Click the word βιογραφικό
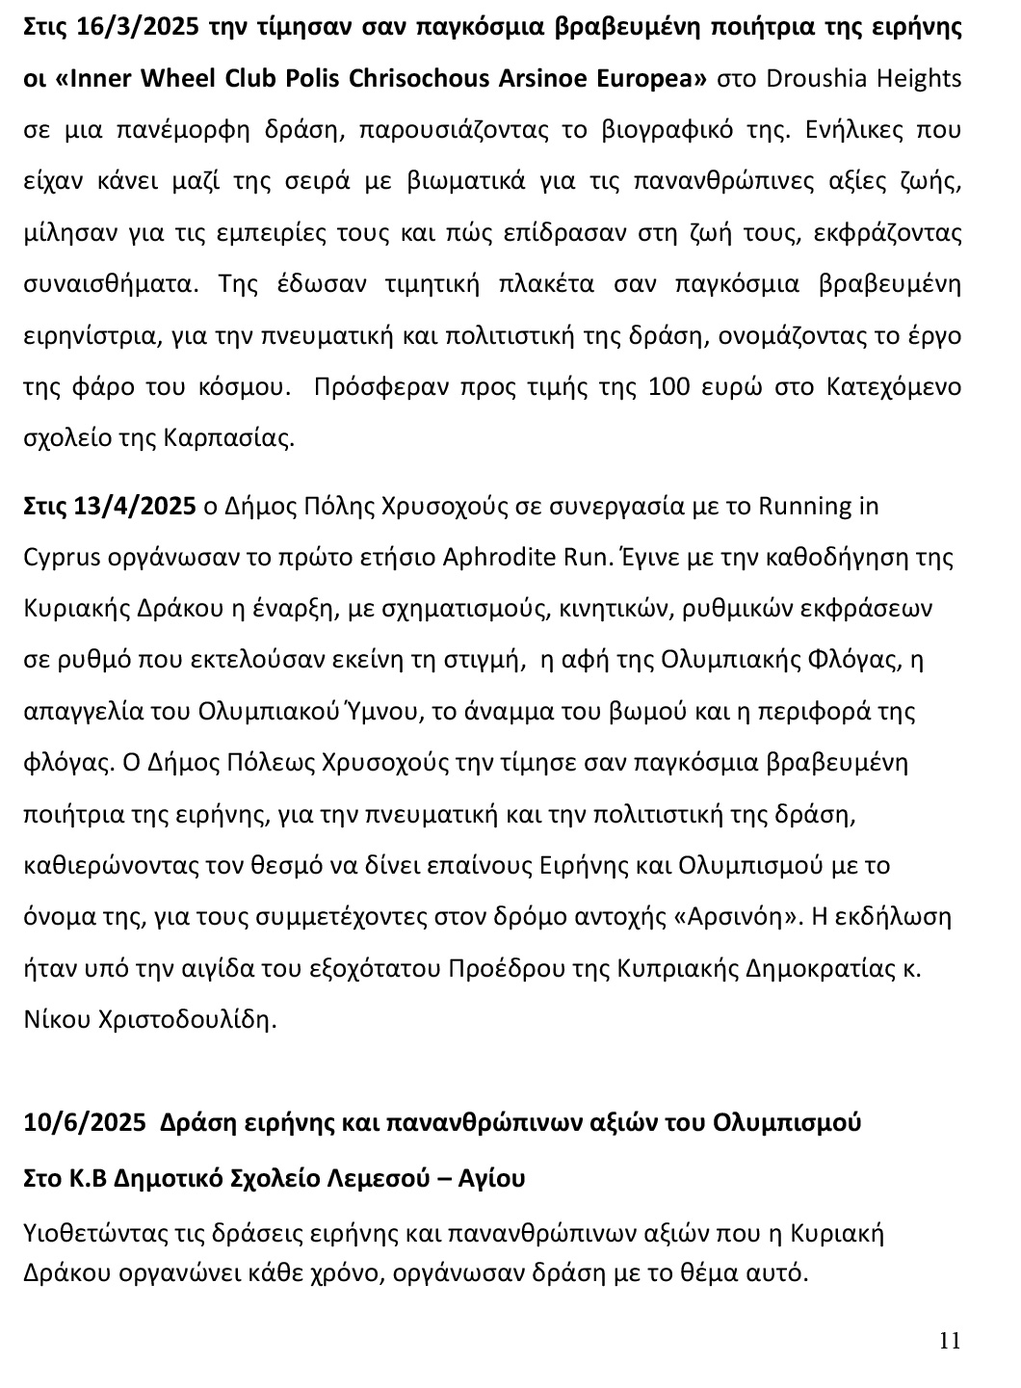click(x=655, y=130)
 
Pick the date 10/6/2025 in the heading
click(x=85, y=1123)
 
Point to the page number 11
click(x=950, y=1341)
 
